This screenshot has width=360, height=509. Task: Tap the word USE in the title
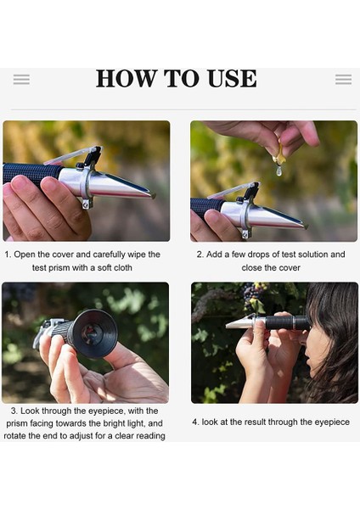click(233, 78)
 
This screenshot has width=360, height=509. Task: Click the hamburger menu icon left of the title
click(21, 80)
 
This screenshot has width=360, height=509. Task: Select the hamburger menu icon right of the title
click(343, 80)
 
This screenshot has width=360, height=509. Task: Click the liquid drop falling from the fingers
click(278, 171)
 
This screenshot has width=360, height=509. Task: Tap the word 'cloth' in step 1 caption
click(123, 268)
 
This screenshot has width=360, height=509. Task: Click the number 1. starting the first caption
click(8, 255)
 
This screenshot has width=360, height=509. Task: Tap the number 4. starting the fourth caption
click(195, 422)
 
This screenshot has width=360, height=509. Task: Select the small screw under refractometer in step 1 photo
click(87, 204)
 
